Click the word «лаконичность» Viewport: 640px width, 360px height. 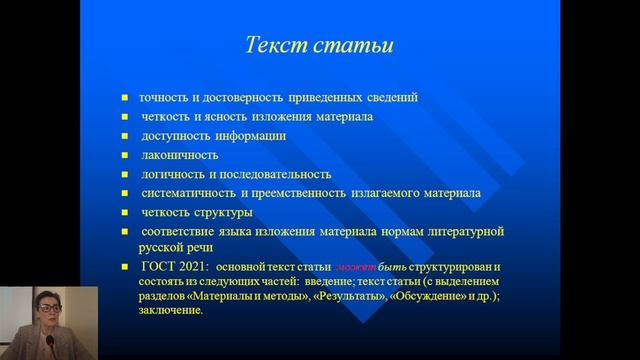click(x=179, y=155)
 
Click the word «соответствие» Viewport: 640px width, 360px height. click(x=180, y=232)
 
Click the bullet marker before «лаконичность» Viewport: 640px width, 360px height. click(x=125, y=156)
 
